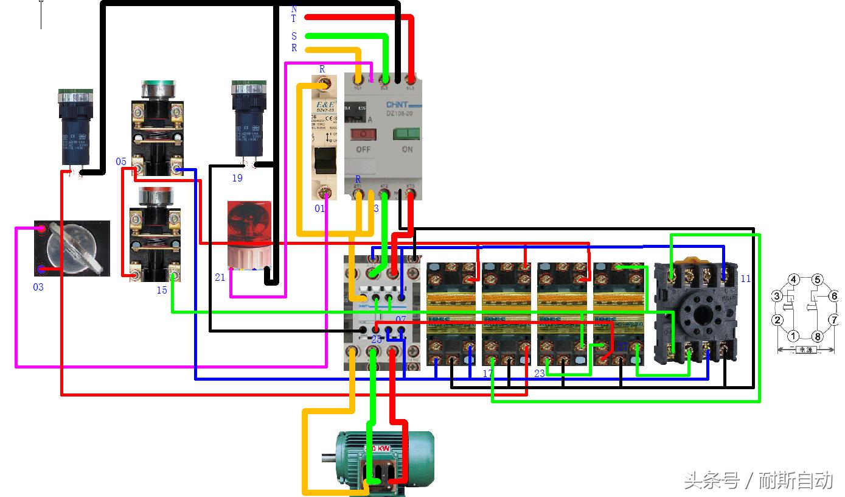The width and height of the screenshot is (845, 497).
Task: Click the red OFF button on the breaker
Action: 364,134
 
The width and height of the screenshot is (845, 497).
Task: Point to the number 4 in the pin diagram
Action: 793,280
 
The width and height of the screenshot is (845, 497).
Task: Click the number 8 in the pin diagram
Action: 818,336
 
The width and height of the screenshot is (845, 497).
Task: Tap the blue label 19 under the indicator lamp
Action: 237,178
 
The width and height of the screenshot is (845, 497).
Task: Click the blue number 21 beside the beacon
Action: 220,277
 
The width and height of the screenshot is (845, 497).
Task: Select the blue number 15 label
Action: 162,290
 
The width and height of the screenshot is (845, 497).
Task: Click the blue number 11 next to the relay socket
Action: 746,279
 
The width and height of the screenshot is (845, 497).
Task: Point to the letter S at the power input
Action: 294,37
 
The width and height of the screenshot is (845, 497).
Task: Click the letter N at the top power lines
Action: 294,9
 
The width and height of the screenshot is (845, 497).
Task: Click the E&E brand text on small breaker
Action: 324,105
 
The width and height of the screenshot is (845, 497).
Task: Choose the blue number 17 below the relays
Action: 488,373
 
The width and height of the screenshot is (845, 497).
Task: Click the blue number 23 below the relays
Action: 540,373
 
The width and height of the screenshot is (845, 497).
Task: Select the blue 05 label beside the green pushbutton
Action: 121,161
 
